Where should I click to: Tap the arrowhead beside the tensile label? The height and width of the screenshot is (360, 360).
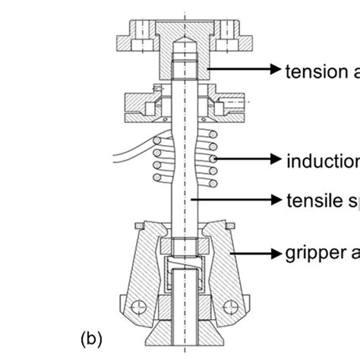tap(273, 199)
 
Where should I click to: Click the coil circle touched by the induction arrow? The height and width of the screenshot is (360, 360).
tap(216, 159)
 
